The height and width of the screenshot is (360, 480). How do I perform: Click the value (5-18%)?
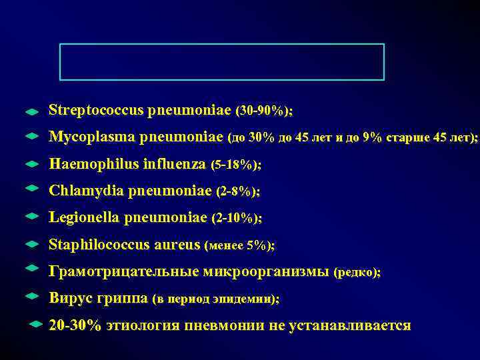235,165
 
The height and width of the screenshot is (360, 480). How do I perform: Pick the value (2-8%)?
238,191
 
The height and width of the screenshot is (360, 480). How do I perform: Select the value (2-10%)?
236,219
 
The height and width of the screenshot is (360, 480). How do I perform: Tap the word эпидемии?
251,300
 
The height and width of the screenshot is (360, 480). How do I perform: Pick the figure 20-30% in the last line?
75,326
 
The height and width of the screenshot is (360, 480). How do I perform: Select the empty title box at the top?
222,61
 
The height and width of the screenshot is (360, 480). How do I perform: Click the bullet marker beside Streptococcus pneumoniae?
31,110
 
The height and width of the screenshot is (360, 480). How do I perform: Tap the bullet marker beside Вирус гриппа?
31,295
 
